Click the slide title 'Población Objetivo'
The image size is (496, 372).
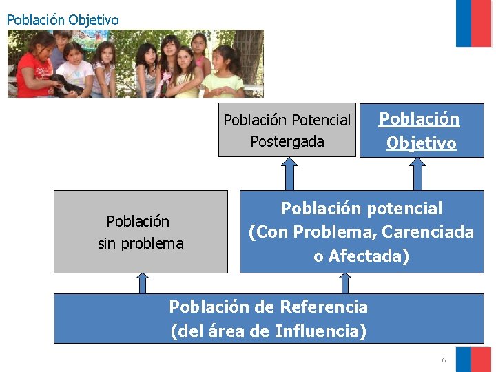(63, 20)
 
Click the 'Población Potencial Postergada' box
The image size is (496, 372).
(287, 130)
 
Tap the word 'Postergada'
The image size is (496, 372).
(287, 141)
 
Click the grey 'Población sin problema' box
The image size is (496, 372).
(141, 231)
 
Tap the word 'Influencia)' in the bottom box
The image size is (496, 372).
(320, 331)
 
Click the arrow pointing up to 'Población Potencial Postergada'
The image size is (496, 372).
(290, 173)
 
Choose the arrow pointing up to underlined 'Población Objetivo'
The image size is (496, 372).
(417, 173)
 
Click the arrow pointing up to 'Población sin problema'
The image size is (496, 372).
(142, 283)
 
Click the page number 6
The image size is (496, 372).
(444, 360)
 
